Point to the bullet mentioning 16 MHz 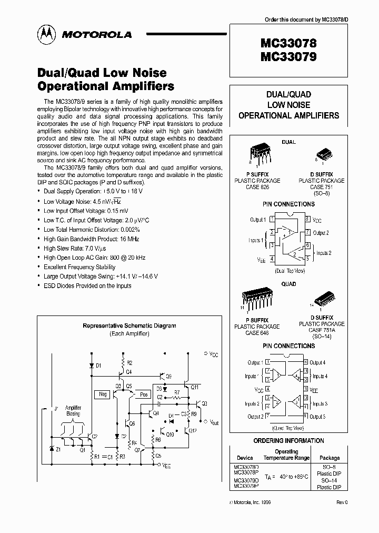[x=90, y=239]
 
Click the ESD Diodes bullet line [x=87, y=286]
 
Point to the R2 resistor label [x=129, y=363]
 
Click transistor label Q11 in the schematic [x=194, y=387]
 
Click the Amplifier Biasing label [x=73, y=411]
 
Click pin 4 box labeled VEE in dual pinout [x=272, y=259]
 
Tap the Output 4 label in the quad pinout [x=317, y=362]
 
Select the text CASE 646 [x=257, y=332]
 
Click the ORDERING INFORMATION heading [x=288, y=440]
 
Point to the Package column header [x=330, y=458]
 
